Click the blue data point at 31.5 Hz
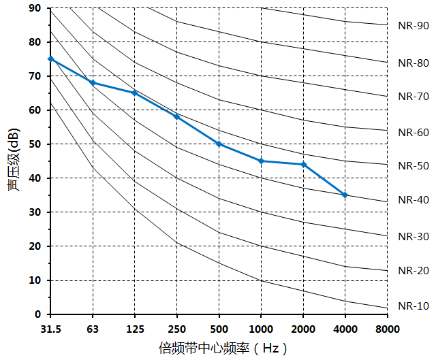pyautogui.click(x=51, y=59)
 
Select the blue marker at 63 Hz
pyautogui.click(x=93, y=83)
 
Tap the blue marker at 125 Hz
pyautogui.click(x=135, y=93)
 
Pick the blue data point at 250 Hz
pyautogui.click(x=177, y=116)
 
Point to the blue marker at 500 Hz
pyautogui.click(x=219, y=144)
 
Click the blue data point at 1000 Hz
pyautogui.click(x=261, y=161)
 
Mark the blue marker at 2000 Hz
pyautogui.click(x=303, y=164)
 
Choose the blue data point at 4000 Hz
pyautogui.click(x=345, y=195)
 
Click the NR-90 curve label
pyautogui.click(x=414, y=27)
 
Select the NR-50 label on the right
pyautogui.click(x=414, y=166)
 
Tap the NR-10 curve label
pyautogui.click(x=414, y=306)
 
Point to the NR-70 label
pyautogui.click(x=414, y=97)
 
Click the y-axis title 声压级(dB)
pyautogui.click(x=14, y=161)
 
